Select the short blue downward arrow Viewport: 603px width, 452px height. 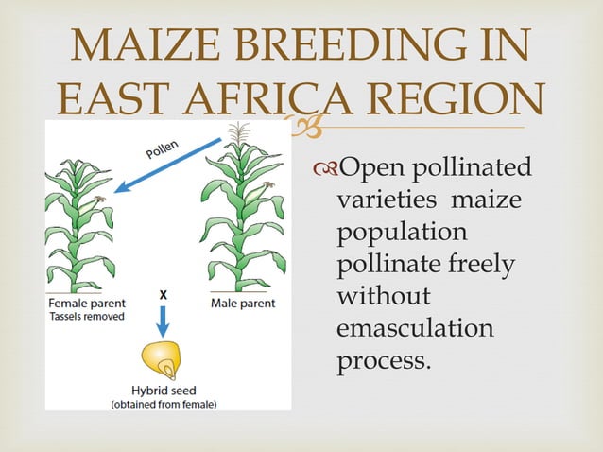[162, 322]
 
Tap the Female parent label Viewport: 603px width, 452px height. [86, 304]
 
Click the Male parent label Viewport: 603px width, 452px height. [243, 304]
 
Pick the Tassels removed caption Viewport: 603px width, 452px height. [82, 317]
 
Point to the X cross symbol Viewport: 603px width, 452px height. [163, 295]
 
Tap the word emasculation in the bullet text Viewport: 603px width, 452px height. [415, 329]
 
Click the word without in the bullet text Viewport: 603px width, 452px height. [383, 297]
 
